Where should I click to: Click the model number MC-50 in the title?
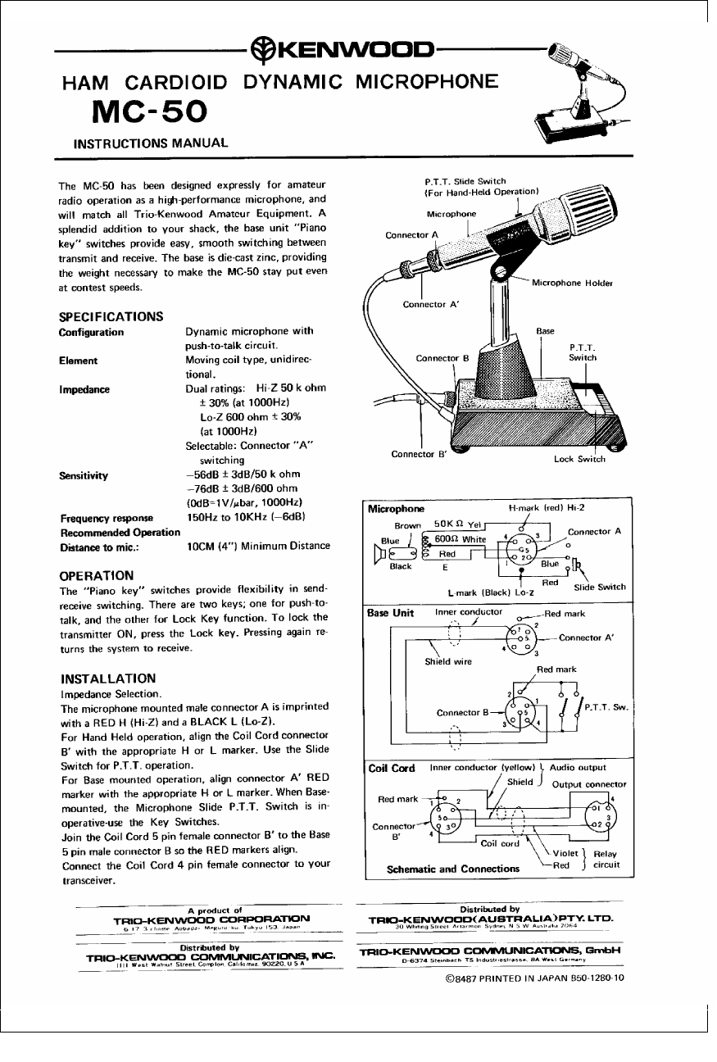pos(150,111)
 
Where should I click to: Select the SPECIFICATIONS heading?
pos(111,316)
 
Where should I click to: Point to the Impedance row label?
pos(84,389)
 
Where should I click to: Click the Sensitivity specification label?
pos(84,475)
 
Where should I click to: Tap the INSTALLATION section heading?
pos(108,678)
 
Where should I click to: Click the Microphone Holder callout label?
pos(572,284)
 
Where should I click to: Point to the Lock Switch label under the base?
pos(579,459)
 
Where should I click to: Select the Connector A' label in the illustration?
pos(431,305)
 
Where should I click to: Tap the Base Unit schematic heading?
pos(391,613)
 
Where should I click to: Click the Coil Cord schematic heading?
pos(392,768)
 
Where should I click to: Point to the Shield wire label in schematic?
pos(448,662)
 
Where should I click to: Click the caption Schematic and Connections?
pos(453,868)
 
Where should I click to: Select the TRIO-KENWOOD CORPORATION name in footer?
pos(211,919)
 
